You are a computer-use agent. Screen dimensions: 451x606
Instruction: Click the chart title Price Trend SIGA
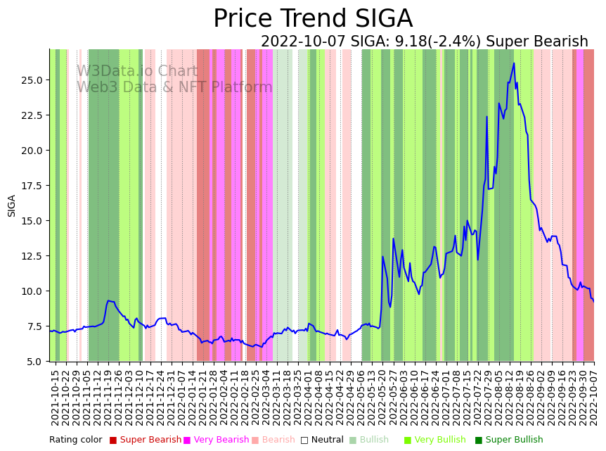[x=313, y=19]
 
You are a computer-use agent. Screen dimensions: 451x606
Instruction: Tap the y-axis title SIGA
[x=12, y=205]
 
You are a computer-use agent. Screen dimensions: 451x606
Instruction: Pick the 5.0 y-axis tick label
[x=35, y=362]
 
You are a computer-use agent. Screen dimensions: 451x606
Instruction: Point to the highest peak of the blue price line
[x=514, y=63]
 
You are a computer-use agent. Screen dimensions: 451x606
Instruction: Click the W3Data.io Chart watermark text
[x=137, y=71]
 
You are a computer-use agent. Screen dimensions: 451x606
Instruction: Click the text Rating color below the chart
[x=75, y=440]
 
